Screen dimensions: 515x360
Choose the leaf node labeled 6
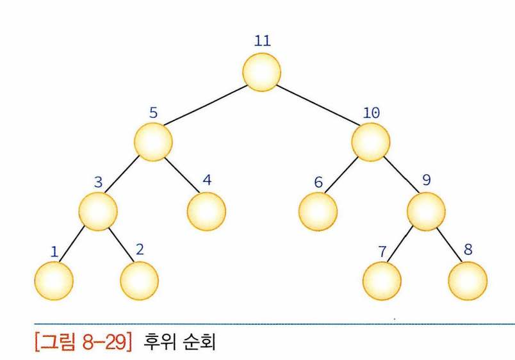[x=318, y=209]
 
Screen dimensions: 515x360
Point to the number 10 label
[x=371, y=113]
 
